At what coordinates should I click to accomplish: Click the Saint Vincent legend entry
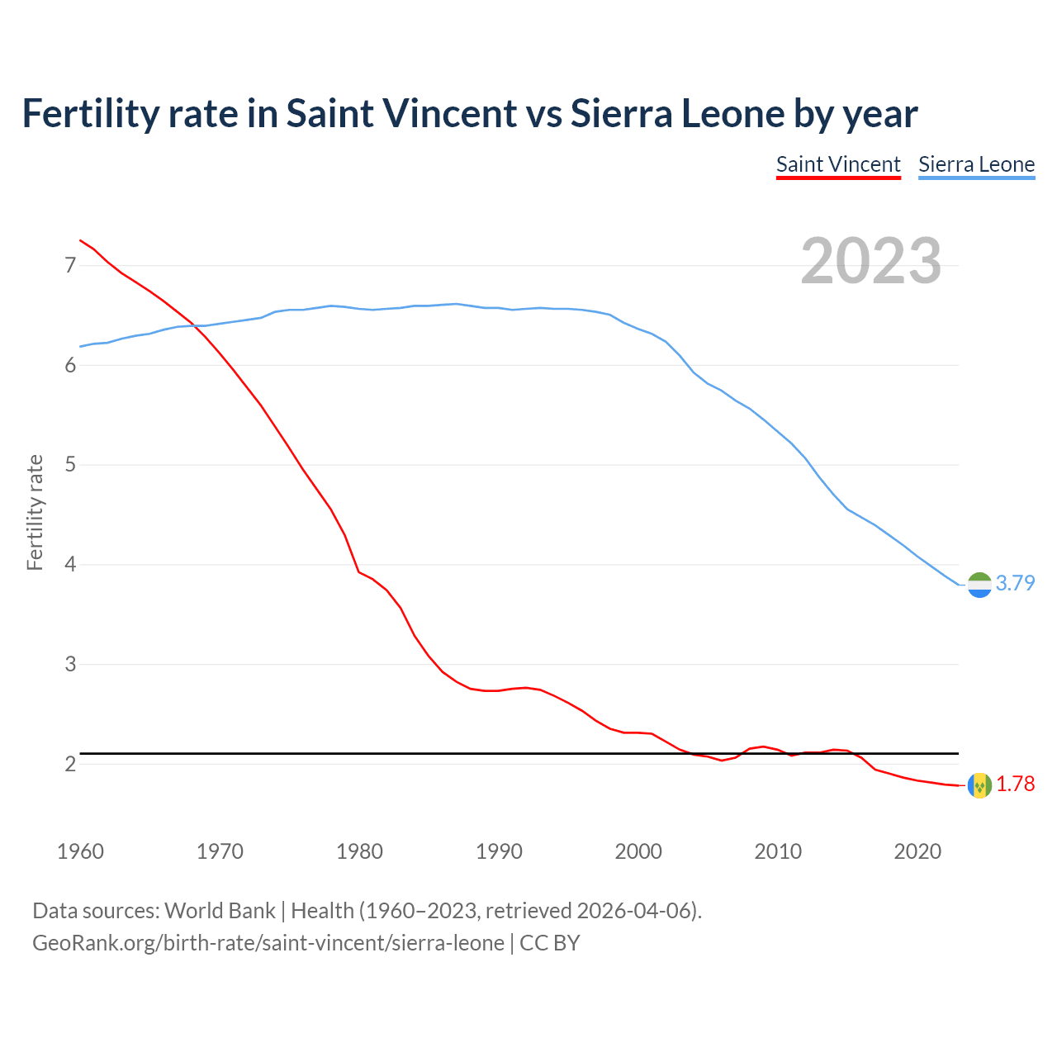pos(838,164)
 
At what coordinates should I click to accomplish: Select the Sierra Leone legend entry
pos(976,164)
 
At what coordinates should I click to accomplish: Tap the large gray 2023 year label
pos(871,261)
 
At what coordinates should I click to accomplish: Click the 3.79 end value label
pos(1015,583)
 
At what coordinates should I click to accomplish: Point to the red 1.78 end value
pos(1015,784)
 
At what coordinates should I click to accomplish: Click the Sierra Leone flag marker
pos(979,585)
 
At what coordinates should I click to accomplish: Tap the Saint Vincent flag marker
pos(979,785)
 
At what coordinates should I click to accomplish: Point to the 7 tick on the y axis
pos(70,265)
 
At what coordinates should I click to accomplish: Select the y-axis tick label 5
pos(70,465)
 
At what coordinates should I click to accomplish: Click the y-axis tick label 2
pos(70,764)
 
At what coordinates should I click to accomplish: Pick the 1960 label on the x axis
pos(80,851)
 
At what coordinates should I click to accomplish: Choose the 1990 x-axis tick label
pos(499,851)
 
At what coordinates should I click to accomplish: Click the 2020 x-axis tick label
pos(917,851)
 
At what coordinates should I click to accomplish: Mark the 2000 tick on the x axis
pos(638,851)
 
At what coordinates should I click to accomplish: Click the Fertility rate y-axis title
pos(35,512)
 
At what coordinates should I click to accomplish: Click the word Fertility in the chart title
pos(89,114)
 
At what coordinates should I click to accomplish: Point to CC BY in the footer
pos(550,942)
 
